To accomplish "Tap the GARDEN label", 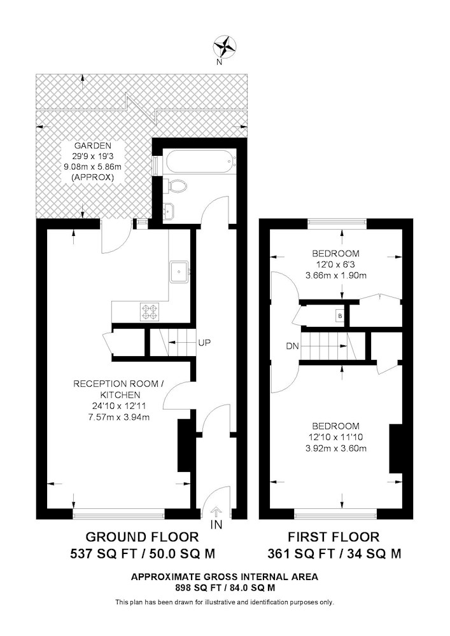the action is pyautogui.click(x=92, y=145).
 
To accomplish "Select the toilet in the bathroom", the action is pyautogui.click(x=178, y=186).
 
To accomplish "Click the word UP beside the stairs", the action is pyautogui.click(x=204, y=343).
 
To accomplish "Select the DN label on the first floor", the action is pyautogui.click(x=292, y=346).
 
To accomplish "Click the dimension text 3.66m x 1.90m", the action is pyautogui.click(x=336, y=275).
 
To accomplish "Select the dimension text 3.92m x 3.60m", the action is pyautogui.click(x=336, y=448).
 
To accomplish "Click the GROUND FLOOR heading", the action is pyautogui.click(x=143, y=537).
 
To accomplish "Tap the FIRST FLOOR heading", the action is pyautogui.click(x=334, y=537).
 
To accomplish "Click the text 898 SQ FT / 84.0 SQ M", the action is pyautogui.click(x=225, y=587).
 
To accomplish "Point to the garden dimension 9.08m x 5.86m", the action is pyautogui.click(x=92, y=166).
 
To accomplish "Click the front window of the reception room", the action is pyautogui.click(x=118, y=515).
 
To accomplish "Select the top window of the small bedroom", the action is pyautogui.click(x=337, y=221).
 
